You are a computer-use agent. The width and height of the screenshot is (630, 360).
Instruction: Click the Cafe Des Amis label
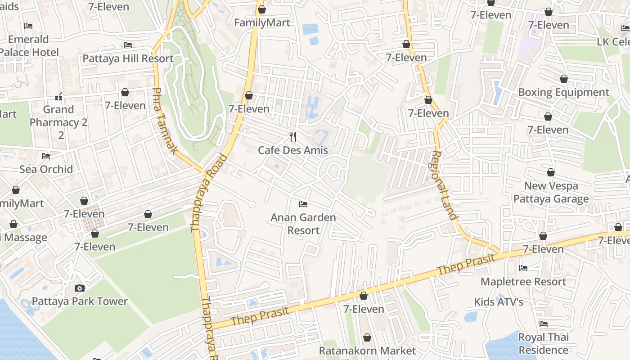point(292,150)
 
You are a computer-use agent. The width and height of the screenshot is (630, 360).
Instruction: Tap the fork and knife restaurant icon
point(293,136)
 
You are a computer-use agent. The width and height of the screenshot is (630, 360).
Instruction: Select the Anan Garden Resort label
point(303,224)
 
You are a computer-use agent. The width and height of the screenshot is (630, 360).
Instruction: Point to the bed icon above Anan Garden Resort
point(303,204)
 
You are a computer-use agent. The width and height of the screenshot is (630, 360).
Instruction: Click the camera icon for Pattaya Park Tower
point(79,288)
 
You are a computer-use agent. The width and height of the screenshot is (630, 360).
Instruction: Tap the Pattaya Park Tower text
point(80,301)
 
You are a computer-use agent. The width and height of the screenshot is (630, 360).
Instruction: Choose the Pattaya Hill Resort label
point(128,58)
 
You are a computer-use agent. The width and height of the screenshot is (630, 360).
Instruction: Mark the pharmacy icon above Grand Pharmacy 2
point(58,96)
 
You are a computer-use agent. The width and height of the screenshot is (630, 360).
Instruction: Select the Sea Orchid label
point(46,169)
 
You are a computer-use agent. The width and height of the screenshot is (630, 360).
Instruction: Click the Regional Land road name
point(444,185)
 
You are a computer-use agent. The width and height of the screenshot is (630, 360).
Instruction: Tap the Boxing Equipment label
point(563,92)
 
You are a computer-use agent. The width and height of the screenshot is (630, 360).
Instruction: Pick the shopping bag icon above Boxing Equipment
point(563,79)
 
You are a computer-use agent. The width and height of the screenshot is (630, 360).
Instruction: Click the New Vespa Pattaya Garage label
point(551,192)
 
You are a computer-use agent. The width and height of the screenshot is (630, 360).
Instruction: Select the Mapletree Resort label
point(523,282)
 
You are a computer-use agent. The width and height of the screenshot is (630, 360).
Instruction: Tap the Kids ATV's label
point(499,301)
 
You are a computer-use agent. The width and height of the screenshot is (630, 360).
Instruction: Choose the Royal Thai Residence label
point(544,343)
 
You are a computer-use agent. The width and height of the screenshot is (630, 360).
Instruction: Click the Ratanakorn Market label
point(367,351)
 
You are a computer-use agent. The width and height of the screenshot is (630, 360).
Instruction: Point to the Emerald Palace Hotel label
point(28,46)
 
